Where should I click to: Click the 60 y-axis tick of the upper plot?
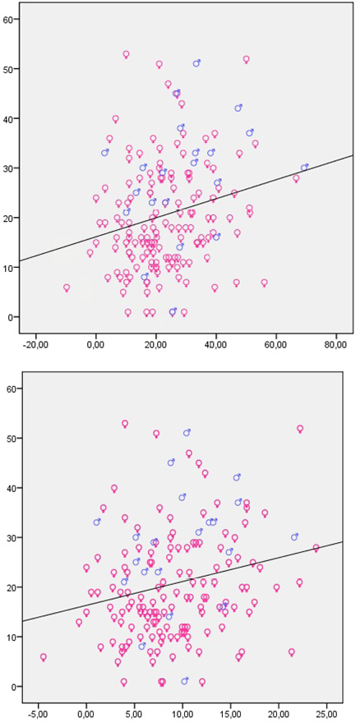[x=10, y=17]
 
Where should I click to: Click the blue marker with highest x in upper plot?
[x=304, y=168]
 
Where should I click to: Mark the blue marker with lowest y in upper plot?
[x=173, y=312]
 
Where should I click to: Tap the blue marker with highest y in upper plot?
[x=196, y=63]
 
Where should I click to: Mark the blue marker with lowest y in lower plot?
[x=185, y=681]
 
